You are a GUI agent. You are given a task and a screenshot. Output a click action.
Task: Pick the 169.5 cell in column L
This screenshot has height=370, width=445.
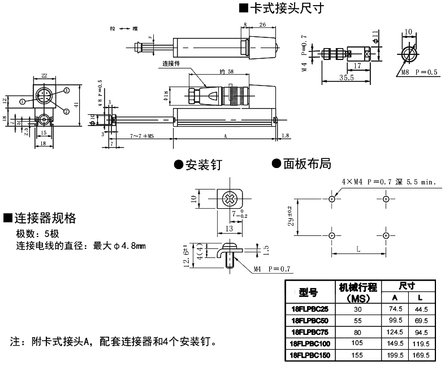click(x=420, y=355)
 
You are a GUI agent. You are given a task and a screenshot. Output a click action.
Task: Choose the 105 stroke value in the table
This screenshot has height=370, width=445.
click(x=357, y=343)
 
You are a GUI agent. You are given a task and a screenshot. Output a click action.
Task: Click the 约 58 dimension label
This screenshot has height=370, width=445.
click(x=226, y=72)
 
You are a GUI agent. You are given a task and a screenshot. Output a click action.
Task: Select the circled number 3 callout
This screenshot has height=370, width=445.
click(x=66, y=91)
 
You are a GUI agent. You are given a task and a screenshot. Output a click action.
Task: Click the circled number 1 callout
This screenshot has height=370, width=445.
click(x=22, y=102)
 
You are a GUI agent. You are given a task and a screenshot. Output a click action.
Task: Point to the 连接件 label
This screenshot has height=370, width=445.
click(x=171, y=63)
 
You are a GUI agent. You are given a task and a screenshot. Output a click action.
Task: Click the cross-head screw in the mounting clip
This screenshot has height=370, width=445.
click(x=230, y=199)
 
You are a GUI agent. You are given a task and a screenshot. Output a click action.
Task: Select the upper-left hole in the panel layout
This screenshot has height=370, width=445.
click(x=332, y=199)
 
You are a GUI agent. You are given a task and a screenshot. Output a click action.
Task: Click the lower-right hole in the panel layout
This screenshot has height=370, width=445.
click(x=386, y=235)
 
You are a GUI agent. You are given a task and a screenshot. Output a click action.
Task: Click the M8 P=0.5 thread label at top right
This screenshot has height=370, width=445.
click(x=420, y=72)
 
